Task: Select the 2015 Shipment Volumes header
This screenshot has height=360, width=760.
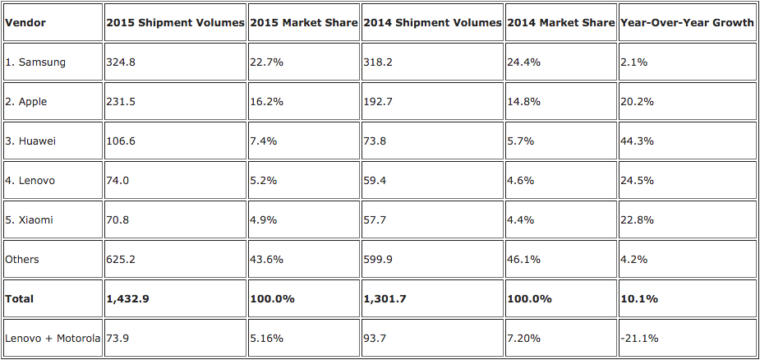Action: tap(175, 23)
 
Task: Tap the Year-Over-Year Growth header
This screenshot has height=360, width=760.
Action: tap(688, 23)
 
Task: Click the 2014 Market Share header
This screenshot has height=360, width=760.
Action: tap(560, 23)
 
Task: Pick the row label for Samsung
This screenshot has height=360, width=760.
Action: tap(35, 62)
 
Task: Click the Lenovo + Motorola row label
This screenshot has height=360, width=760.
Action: tap(53, 339)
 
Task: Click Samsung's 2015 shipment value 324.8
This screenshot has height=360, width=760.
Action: tap(121, 62)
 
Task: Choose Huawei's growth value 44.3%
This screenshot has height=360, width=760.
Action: tap(638, 141)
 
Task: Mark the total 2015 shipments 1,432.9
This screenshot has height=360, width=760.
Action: tap(128, 299)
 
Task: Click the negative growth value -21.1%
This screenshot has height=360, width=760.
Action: tap(640, 339)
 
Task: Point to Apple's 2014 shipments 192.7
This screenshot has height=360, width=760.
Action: tap(377, 102)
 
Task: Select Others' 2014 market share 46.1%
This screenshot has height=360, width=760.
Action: tap(523, 260)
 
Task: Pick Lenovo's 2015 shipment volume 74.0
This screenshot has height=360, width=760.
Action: tap(117, 181)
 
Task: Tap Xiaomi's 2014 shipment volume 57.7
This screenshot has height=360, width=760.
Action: tap(374, 220)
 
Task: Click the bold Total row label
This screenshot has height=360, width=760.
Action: tap(20, 299)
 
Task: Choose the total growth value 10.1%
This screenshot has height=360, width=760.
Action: tap(640, 299)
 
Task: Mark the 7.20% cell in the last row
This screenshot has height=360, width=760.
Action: tap(524, 339)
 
